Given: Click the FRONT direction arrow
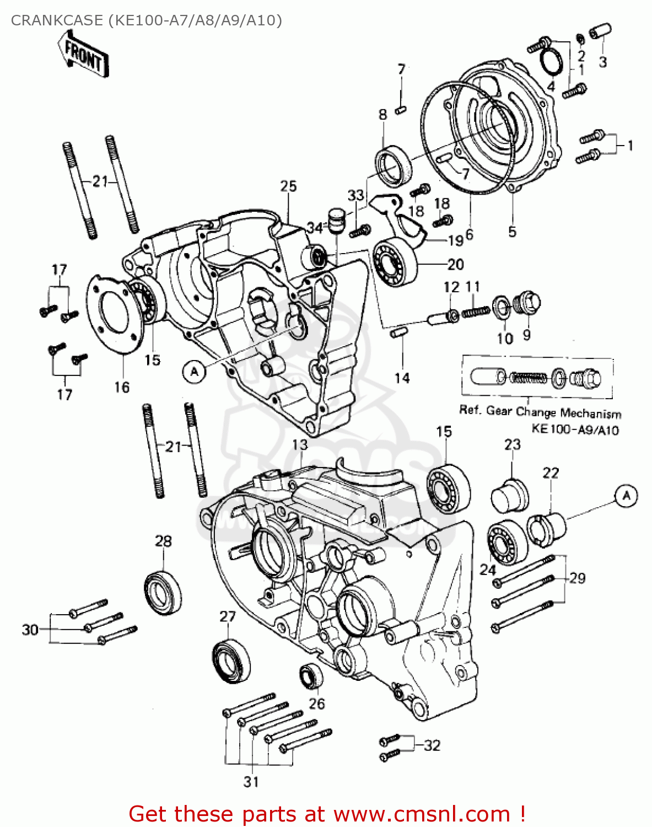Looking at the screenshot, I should tap(84, 54).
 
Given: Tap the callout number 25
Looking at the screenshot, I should tap(288, 186).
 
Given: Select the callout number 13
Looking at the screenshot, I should tap(300, 444).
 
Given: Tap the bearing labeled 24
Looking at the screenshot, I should tap(506, 543).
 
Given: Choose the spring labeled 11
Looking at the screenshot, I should tap(476, 312).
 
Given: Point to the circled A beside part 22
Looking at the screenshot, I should tap(626, 496).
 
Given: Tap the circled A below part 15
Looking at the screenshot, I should tap(194, 372).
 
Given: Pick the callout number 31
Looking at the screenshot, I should tap(251, 781).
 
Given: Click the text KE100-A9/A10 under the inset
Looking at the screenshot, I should tap(575, 429).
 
